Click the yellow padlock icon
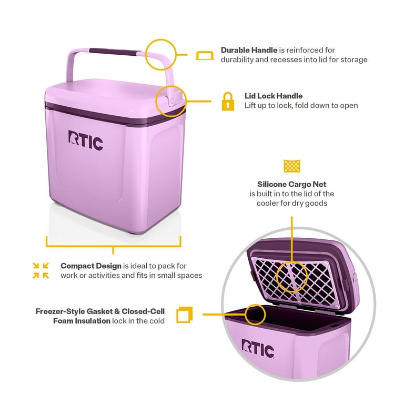[228, 101]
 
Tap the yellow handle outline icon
[205, 55]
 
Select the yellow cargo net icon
[291, 166]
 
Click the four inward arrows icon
[41, 270]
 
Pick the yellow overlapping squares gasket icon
[185, 315]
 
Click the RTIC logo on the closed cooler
[86, 140]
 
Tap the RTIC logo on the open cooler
[258, 348]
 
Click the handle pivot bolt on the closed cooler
[172, 101]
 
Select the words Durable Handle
[249, 50]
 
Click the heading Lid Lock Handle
[274, 96]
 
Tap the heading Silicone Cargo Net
[291, 184]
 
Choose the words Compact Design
[91, 266]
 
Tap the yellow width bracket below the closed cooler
[114, 246]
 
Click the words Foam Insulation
[82, 321]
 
